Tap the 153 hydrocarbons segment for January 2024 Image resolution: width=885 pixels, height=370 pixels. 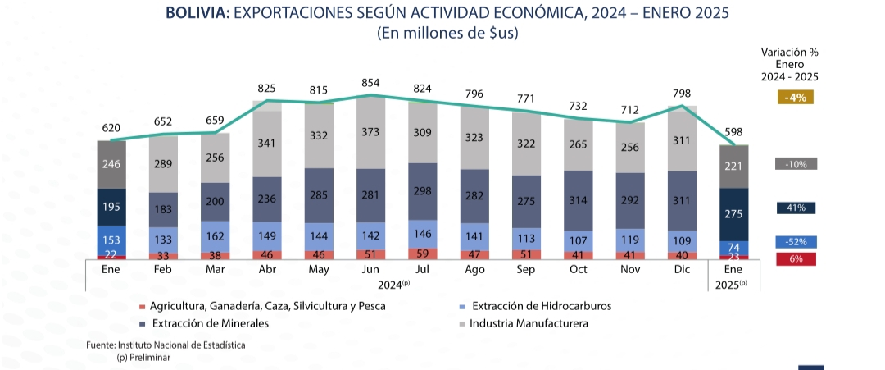[110, 240]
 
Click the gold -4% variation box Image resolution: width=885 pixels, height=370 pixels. [795, 98]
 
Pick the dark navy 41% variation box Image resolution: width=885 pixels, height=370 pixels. [795, 208]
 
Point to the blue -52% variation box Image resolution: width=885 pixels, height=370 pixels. [795, 242]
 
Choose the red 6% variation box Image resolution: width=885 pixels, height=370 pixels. [795, 259]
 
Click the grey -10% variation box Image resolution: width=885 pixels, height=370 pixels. [795, 164]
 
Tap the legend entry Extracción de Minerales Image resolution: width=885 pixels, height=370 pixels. [209, 323]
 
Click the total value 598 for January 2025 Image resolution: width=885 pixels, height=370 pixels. [733, 132]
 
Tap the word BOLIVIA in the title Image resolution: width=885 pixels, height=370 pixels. [197, 14]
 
